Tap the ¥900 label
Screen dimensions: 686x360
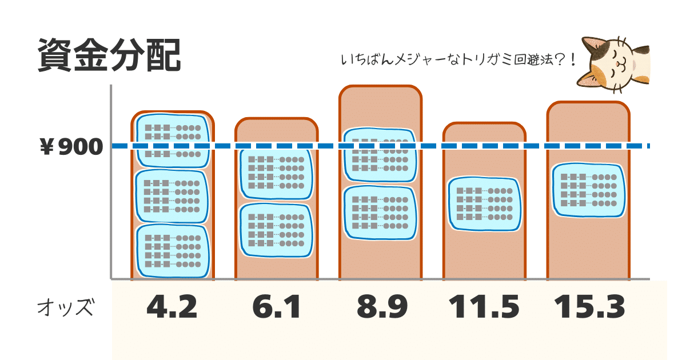71,147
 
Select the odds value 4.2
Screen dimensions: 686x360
172,307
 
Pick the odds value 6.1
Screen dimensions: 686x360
276,307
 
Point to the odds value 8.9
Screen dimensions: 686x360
382,307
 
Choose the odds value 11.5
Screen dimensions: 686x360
484,307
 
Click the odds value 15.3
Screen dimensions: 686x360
589,307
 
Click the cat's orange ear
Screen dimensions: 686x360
588,79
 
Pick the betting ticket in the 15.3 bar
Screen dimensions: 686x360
589,190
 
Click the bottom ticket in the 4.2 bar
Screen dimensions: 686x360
173,251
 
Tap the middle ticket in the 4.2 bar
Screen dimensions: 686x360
173,196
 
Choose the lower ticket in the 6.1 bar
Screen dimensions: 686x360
276,230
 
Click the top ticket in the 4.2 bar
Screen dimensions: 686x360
173,141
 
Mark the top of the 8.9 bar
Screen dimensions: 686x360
380,87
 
